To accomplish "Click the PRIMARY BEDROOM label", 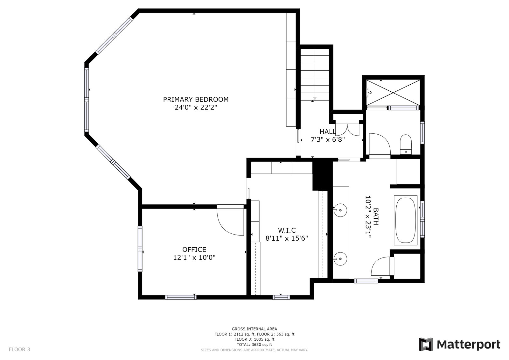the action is [x=196, y=99].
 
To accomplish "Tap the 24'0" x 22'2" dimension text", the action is [x=196, y=107].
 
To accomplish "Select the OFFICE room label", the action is [x=194, y=250].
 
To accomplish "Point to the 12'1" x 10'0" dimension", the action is [x=194, y=258].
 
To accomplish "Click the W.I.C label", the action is [x=287, y=230].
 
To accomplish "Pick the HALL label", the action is [x=328, y=132].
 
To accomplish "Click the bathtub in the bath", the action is [x=406, y=220].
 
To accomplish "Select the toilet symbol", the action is [x=406, y=145].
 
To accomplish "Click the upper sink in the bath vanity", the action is [x=340, y=210].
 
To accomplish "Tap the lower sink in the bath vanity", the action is [x=340, y=258].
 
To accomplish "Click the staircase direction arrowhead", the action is [x=315, y=98].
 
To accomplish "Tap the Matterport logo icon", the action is [x=426, y=344].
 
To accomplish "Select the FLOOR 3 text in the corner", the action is [x=19, y=349].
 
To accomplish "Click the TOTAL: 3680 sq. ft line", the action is [x=254, y=344].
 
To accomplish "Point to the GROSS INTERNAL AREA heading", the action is [x=254, y=329].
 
